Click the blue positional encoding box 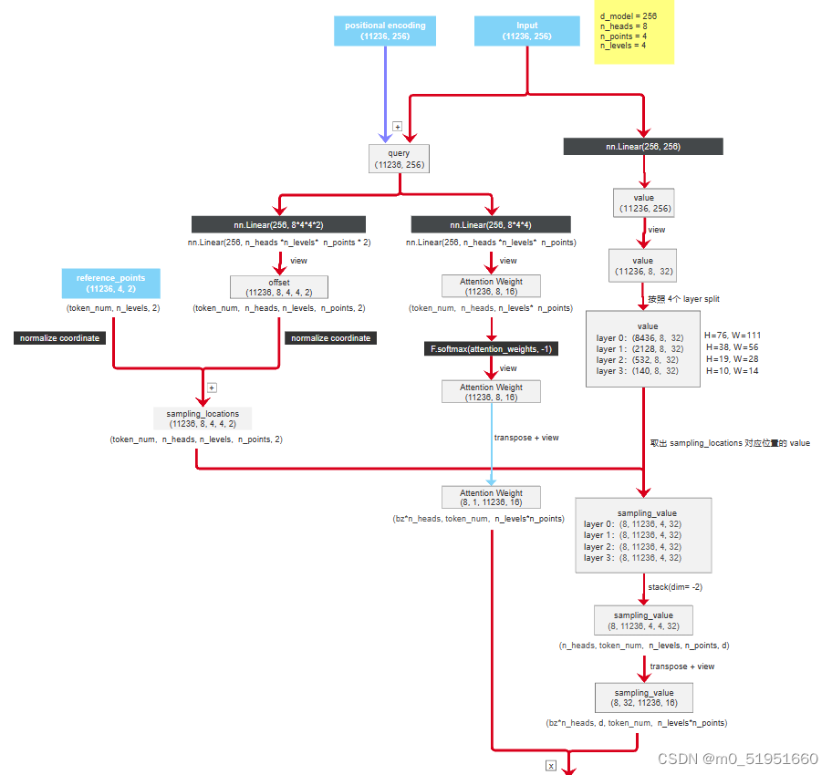tap(385, 31)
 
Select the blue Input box tap(527, 31)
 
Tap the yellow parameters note tap(634, 36)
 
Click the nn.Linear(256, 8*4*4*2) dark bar tap(278, 224)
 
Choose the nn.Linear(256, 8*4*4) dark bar tap(491, 224)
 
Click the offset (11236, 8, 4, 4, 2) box tap(278, 287)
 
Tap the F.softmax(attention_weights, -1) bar tap(491, 349)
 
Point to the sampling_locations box tap(203, 418)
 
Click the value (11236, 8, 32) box tap(643, 265)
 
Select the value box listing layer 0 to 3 tap(643, 348)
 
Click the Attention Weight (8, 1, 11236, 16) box tap(491, 497)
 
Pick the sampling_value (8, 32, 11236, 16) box tap(643, 697)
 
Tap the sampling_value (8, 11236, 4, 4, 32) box tap(643, 621)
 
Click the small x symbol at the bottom tap(551, 766)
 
